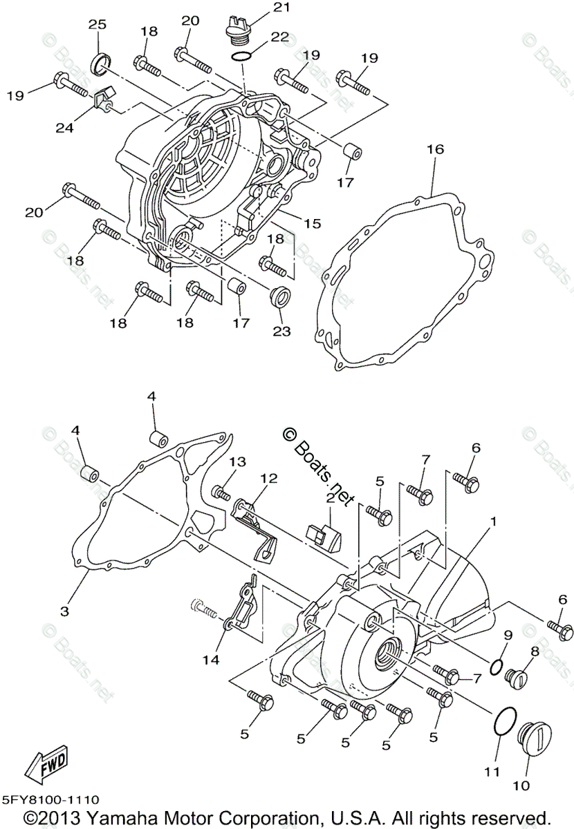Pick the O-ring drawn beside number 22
(241, 55)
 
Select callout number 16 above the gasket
(435, 149)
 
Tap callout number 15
(312, 223)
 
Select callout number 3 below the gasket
(64, 611)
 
